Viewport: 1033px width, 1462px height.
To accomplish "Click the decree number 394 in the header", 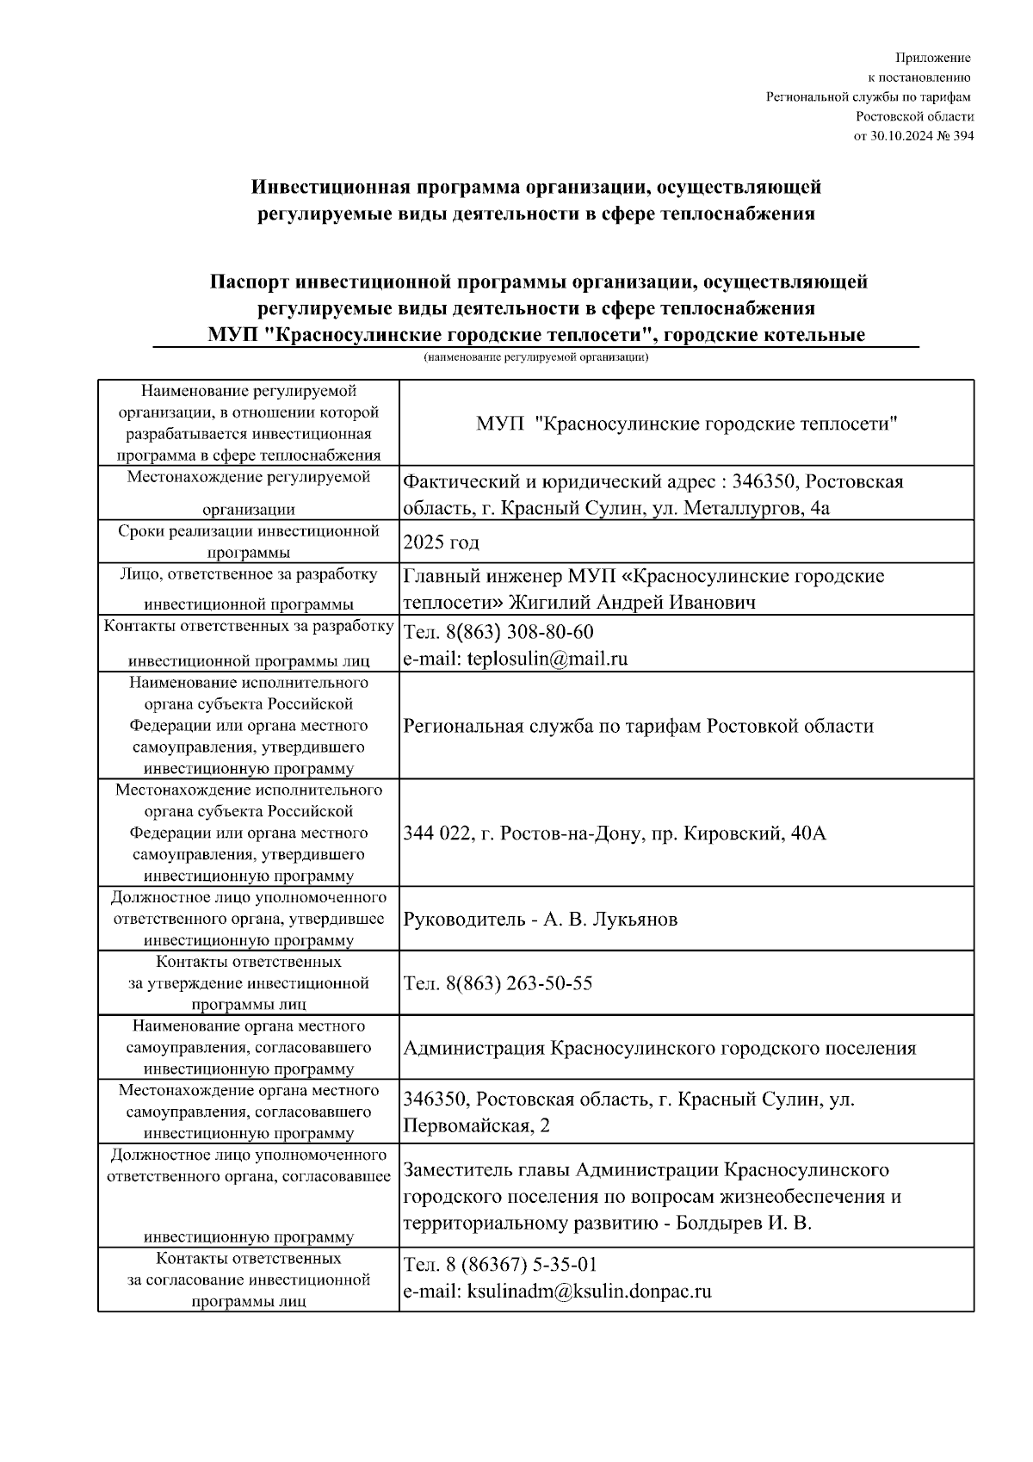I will [964, 136].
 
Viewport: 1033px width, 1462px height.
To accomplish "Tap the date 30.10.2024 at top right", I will [904, 136].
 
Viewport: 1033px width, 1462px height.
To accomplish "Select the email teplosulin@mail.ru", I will [547, 660].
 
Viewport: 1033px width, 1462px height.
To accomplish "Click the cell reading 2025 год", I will [441, 542].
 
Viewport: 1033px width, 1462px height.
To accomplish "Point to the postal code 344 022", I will [436, 833].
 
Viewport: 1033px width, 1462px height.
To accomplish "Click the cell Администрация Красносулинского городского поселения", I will [659, 1049].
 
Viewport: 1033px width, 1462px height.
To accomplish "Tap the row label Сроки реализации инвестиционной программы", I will [249, 542].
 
